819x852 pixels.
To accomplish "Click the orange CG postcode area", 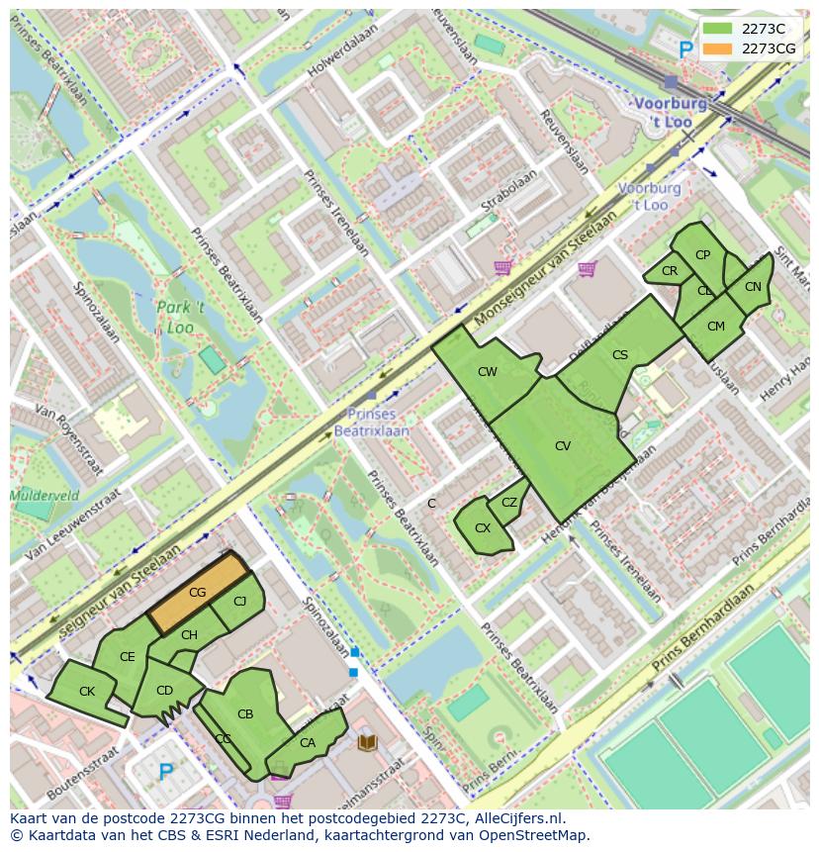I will (x=197, y=593).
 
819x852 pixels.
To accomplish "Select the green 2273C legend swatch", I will (x=718, y=29).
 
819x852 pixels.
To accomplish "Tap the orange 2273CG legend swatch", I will (x=718, y=48).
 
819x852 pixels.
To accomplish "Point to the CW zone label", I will (x=488, y=372).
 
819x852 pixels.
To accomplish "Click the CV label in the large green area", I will (x=563, y=446).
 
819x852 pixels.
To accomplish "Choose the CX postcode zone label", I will (x=483, y=528).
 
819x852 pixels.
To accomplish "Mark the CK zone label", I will (x=87, y=692).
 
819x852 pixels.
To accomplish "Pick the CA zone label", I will (x=308, y=743).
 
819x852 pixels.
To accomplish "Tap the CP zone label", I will (x=702, y=255).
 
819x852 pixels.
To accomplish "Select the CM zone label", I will (x=716, y=327).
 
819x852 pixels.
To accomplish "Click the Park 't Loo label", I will (x=180, y=317).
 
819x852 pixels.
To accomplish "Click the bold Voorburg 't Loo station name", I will (x=671, y=111).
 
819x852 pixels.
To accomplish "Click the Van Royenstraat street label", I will (x=69, y=438).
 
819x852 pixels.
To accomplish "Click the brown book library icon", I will (x=367, y=741).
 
